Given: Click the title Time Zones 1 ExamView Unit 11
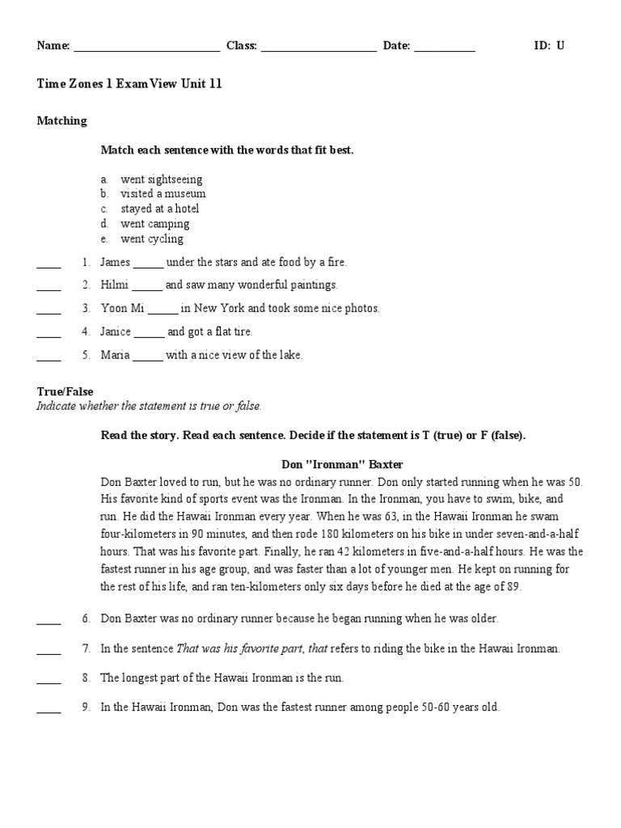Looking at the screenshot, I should click(x=129, y=84).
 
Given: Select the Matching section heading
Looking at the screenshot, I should click(x=61, y=120).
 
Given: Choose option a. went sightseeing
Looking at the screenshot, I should click(x=161, y=179).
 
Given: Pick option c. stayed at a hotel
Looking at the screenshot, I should click(x=159, y=209).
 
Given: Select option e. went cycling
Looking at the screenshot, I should click(x=151, y=239).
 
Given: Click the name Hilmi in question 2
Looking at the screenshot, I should click(x=114, y=285).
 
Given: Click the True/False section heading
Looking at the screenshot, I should click(x=65, y=391).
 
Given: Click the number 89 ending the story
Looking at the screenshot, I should click(x=514, y=587).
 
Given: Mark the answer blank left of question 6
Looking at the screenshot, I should click(x=49, y=622).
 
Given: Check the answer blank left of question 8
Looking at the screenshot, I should click(x=49, y=681).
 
